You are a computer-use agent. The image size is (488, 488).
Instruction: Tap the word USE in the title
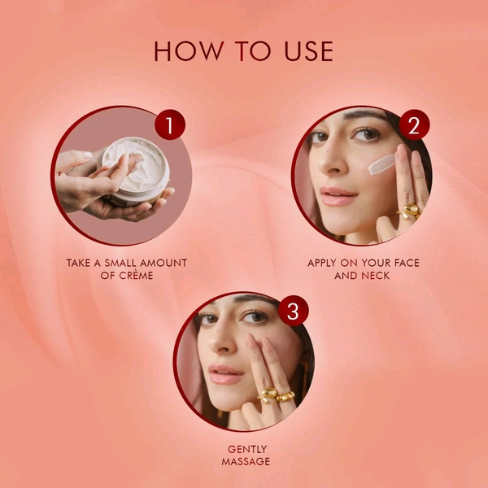pyautogui.click(x=305, y=50)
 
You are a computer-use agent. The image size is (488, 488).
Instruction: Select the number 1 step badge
pyautogui.click(x=169, y=125)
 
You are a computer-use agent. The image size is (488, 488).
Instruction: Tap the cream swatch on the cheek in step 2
pyautogui.click(x=380, y=164)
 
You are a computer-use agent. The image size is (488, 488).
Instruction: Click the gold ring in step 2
pyautogui.click(x=409, y=213)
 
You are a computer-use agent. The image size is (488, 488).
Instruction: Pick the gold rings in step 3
pyautogui.click(x=276, y=396)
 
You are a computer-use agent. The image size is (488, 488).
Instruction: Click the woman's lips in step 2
pyautogui.click(x=338, y=196)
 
